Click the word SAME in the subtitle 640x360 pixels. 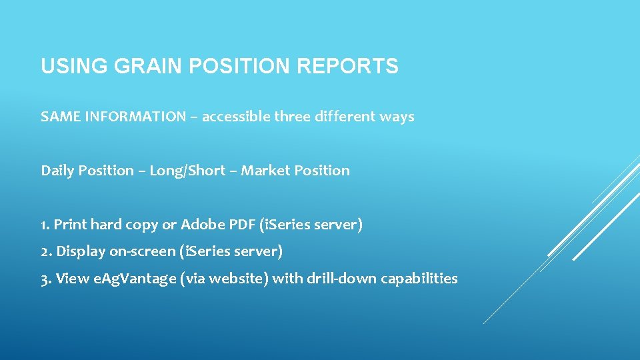[x=57, y=117]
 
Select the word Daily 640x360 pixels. [x=58, y=171]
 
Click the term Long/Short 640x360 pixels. [x=187, y=171]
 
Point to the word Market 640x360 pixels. [x=263, y=171]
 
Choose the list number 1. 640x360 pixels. [x=45, y=225]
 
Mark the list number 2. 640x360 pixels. [x=45, y=252]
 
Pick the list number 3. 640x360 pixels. [x=45, y=279]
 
